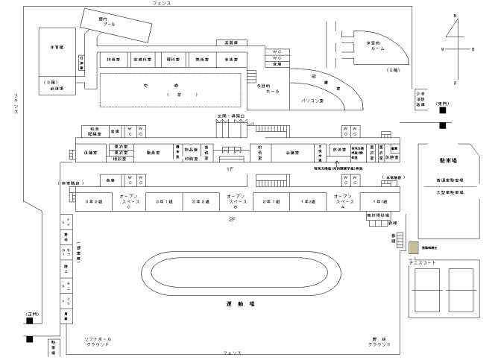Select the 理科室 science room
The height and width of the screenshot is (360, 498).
pyautogui.click(x=172, y=57)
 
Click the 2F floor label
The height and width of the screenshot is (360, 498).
pyautogui.click(x=232, y=219)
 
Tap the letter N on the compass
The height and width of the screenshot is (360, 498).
pyautogui.click(x=455, y=15)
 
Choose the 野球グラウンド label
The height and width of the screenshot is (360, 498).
pyautogui.click(x=380, y=342)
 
